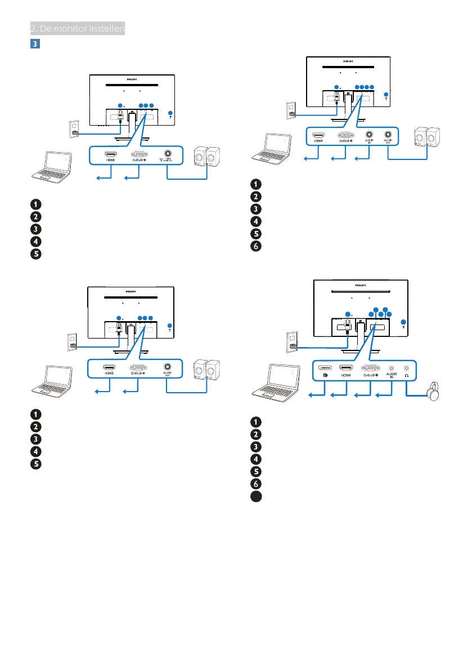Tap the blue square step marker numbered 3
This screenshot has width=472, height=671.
click(x=33, y=43)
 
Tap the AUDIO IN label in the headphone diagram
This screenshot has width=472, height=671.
click(x=392, y=376)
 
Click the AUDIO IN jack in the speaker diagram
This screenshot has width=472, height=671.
click(x=370, y=135)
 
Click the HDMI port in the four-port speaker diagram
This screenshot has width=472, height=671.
click(x=319, y=135)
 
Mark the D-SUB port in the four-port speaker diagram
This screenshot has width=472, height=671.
click(x=345, y=135)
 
